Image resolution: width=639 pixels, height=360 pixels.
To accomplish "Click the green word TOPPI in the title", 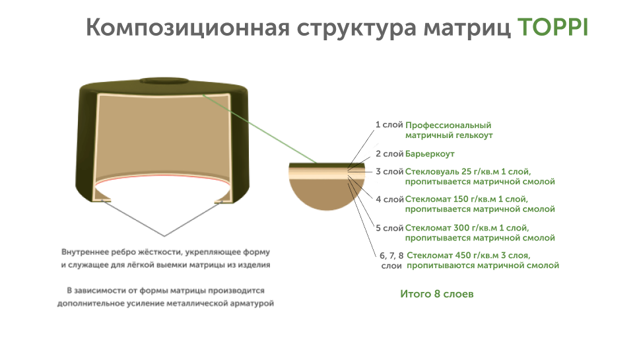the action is (x=552, y=28).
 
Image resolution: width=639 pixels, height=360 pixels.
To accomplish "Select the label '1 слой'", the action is (x=389, y=124).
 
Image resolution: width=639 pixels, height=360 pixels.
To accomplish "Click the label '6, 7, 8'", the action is (x=391, y=255).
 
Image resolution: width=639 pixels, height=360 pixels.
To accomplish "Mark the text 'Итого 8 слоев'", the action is (x=436, y=294).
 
